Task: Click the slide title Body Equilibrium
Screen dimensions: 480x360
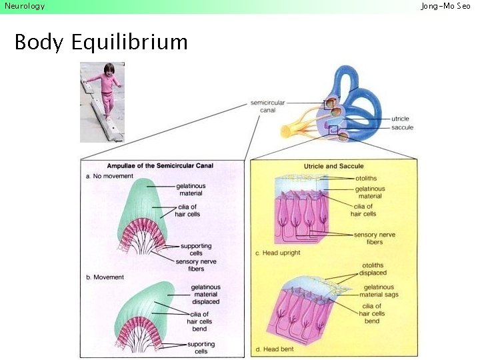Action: [x=101, y=42]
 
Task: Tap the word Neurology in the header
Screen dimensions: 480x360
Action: [x=25, y=6]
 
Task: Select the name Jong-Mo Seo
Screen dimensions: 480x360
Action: [x=445, y=6]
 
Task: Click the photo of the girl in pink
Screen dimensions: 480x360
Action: [x=102, y=101]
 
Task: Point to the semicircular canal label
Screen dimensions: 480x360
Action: [x=267, y=107]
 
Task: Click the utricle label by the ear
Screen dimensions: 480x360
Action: [x=401, y=119]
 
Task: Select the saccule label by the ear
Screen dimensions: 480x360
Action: [x=402, y=127]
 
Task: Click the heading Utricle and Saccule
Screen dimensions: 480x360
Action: [x=333, y=165]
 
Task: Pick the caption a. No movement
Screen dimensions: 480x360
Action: [x=110, y=176]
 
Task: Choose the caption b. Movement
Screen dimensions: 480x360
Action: [x=105, y=277]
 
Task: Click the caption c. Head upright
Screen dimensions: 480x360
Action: [x=278, y=253]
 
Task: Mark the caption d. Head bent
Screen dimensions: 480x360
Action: [x=274, y=349]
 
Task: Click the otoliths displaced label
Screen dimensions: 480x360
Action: [x=373, y=269]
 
